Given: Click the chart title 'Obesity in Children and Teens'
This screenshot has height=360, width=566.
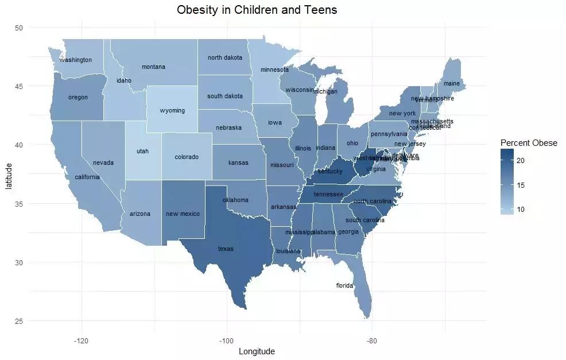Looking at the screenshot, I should tap(257, 10).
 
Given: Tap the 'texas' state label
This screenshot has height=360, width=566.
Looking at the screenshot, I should tap(226, 249).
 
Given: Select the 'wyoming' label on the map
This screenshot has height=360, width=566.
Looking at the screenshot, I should tap(172, 110).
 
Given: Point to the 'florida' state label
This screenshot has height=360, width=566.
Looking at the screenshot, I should tap(344, 285).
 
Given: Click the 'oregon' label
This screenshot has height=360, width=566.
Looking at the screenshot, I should tap(78, 98).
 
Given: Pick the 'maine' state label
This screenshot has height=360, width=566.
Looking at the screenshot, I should tap(452, 84).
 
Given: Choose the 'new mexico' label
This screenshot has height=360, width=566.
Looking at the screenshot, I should tap(183, 214).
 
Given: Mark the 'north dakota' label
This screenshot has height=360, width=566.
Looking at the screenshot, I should tap(225, 58).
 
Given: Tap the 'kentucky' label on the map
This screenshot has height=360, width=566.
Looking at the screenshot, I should tap(330, 171).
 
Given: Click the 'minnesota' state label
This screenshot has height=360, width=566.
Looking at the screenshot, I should tap(274, 70).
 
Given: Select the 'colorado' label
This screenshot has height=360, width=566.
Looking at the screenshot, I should tap(187, 157).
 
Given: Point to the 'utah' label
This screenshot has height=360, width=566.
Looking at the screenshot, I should tap(142, 152).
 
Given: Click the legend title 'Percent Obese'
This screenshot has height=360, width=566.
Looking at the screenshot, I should tap(528, 143).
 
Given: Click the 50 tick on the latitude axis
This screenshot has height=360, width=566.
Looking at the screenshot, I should tap(19, 28).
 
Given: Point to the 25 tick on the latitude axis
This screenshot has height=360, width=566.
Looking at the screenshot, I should tap(19, 321).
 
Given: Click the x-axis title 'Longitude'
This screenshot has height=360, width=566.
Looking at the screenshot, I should tap(257, 351).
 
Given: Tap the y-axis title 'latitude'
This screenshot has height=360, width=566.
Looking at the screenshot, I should tap(8, 174).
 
